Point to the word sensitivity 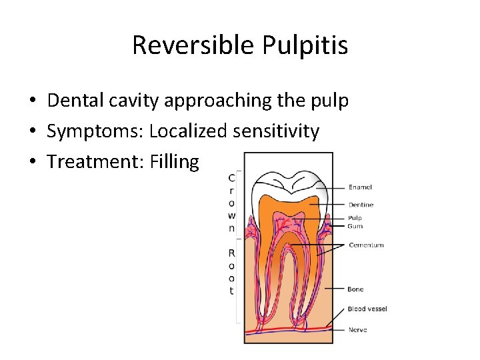tap(276, 131)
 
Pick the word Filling tap(175, 161)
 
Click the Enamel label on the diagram tap(360, 187)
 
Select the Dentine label tap(361, 205)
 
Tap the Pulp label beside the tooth tap(355, 218)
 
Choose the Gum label tap(355, 226)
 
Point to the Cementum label tap(366, 245)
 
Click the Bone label tap(355, 289)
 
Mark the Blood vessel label tap(367, 309)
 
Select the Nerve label tap(357, 329)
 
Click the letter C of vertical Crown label tap(231, 177)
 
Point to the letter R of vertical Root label tap(231, 253)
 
